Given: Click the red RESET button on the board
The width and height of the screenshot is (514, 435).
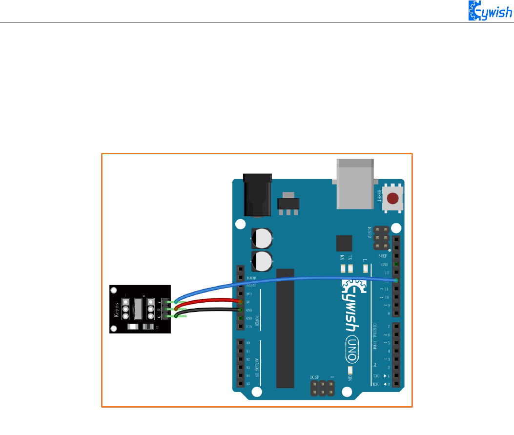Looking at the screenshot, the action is pos(392,199).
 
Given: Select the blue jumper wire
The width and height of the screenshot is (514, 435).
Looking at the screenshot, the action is pos(293,280).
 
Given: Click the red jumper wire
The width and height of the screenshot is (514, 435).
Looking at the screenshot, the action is pos(210,300).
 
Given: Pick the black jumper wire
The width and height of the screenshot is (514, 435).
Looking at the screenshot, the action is pos(210,310).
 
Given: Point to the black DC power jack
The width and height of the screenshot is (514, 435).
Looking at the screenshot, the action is pos(256,195).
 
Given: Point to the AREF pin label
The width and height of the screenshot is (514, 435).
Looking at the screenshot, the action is pos(384,256).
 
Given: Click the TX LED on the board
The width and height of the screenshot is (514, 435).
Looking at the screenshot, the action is pos(350,268).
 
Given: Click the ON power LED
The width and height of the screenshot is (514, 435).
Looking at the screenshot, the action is pos(350,372).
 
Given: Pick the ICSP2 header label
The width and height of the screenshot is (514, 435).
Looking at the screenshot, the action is pos(370,232).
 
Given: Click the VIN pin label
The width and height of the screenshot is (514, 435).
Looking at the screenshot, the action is pos(248,326).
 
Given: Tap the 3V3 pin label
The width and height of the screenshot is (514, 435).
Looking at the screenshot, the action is pos(248,294).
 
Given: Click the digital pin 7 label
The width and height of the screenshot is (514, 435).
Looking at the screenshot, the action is pos(388,326).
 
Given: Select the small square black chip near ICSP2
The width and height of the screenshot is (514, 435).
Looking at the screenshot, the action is pos(344,243).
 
